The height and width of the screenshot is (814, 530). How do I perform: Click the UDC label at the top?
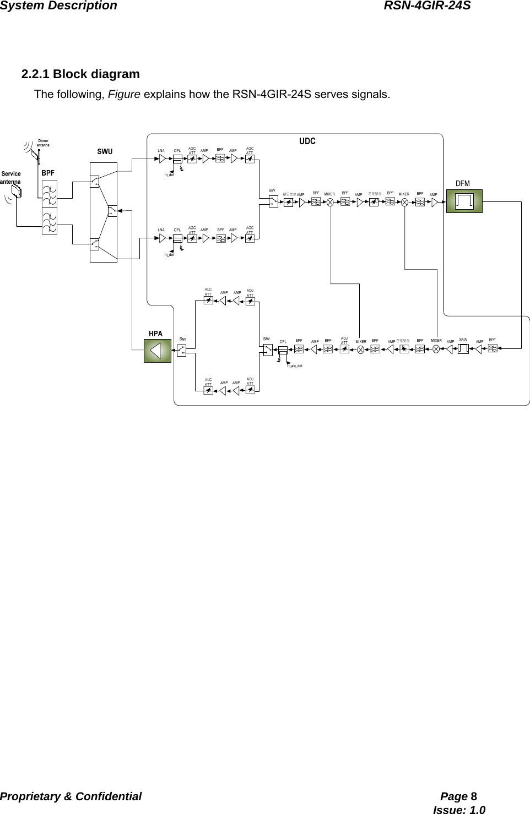click(x=307, y=141)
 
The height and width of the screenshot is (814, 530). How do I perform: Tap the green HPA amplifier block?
click(x=157, y=351)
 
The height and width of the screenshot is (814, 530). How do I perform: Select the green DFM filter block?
click(x=464, y=201)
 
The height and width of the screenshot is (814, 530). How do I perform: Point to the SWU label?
click(x=105, y=151)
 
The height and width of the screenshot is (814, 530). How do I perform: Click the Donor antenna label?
click(x=43, y=143)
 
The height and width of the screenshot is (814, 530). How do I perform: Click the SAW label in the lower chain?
click(x=463, y=340)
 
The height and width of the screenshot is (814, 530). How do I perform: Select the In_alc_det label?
click(x=295, y=365)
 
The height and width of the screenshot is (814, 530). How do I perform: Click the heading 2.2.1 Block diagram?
click(x=80, y=74)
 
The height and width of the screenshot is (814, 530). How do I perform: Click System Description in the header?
click(x=58, y=6)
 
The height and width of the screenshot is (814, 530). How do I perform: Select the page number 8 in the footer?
click(x=474, y=796)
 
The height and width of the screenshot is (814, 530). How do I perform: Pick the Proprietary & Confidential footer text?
click(x=71, y=796)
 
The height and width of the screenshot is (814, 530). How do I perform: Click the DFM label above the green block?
click(x=463, y=183)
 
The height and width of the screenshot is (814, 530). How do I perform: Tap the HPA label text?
click(x=156, y=334)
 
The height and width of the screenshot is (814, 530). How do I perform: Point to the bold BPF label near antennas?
click(x=48, y=173)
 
